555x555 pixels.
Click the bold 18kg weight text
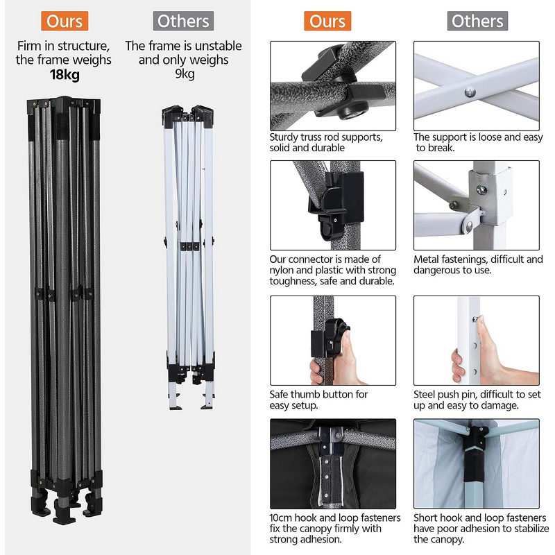[x=65, y=75]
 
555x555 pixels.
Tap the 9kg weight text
[x=185, y=74]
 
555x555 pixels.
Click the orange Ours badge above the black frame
[x=65, y=21]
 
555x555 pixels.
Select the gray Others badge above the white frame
[x=183, y=21]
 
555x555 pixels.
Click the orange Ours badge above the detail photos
[x=327, y=21]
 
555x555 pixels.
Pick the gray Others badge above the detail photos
[x=477, y=21]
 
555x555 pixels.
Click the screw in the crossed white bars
[x=470, y=93]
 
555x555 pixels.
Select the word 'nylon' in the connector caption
[x=282, y=270]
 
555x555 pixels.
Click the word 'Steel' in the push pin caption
[x=425, y=394]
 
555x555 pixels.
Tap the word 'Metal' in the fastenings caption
[x=426, y=259]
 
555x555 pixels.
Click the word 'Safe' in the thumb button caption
[x=279, y=394]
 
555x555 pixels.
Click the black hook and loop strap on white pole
[x=474, y=466]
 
